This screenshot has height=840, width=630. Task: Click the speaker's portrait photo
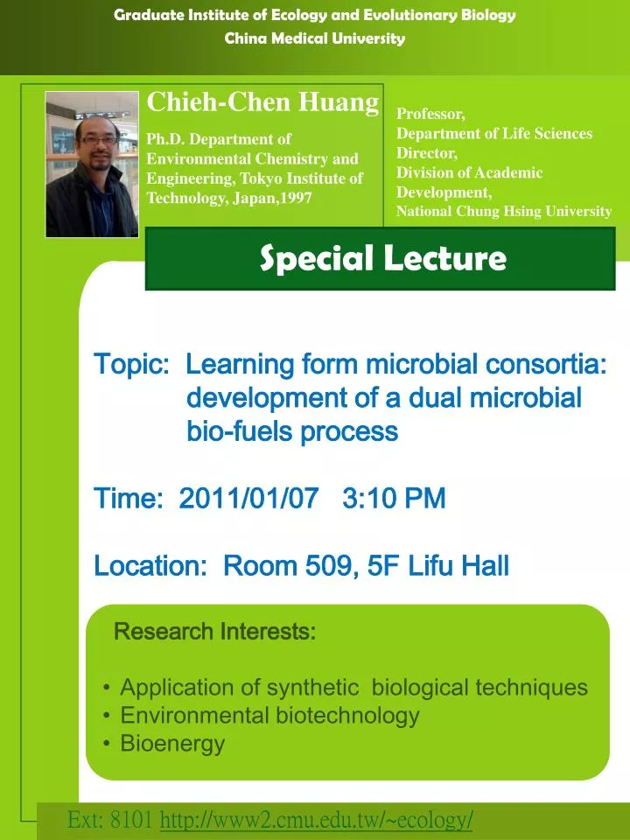pyautogui.click(x=92, y=164)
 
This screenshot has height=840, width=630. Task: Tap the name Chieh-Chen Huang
pyautogui.click(x=262, y=102)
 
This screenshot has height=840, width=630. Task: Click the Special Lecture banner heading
pyautogui.click(x=383, y=258)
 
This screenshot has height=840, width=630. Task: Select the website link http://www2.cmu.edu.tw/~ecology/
pyautogui.click(x=317, y=820)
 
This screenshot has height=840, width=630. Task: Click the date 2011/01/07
pyautogui.click(x=248, y=499)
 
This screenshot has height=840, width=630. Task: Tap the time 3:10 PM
pyautogui.click(x=394, y=499)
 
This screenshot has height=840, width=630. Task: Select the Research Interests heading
pyautogui.click(x=215, y=631)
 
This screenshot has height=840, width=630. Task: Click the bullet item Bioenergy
pyautogui.click(x=172, y=744)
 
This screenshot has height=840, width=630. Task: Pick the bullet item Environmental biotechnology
pyautogui.click(x=269, y=716)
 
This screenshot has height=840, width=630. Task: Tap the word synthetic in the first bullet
pyautogui.click(x=312, y=688)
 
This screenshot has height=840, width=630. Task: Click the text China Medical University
pyautogui.click(x=315, y=38)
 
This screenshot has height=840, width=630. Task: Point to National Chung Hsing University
pyautogui.click(x=504, y=211)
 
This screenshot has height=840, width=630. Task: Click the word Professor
pyautogui.click(x=430, y=114)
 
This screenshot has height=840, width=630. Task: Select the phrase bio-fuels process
pyautogui.click(x=292, y=431)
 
